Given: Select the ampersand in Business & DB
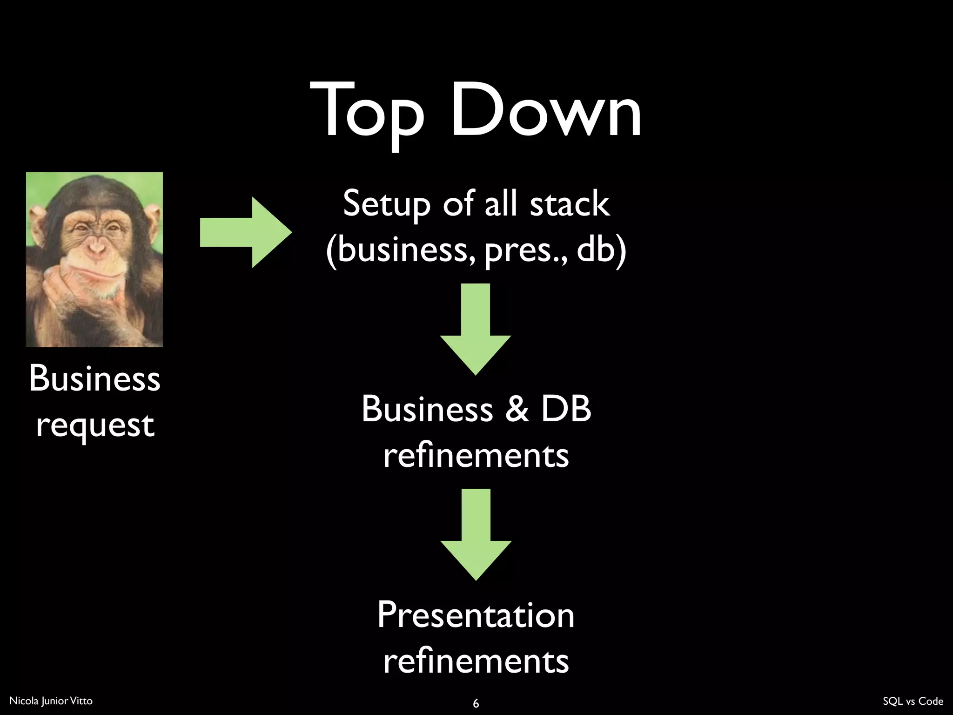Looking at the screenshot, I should pyautogui.click(x=517, y=409).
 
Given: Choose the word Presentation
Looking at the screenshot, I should pyautogui.click(x=476, y=615).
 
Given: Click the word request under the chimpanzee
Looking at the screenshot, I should pyautogui.click(x=95, y=425).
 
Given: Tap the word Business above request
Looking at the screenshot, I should pyautogui.click(x=95, y=378).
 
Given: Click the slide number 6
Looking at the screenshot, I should pyautogui.click(x=476, y=703).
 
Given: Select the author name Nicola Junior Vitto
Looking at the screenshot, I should pyautogui.click(x=51, y=701).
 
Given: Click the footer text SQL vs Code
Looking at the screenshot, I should pyautogui.click(x=913, y=701).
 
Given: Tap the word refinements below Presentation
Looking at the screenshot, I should pyautogui.click(x=476, y=661).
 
